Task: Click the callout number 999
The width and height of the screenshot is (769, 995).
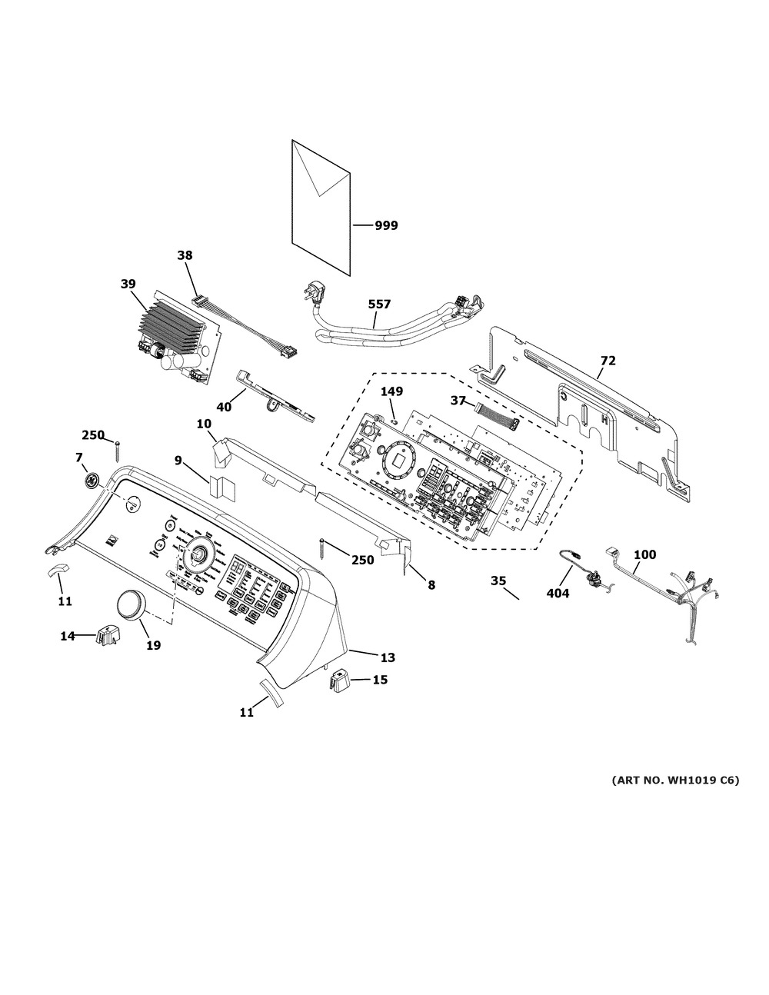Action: coord(386,225)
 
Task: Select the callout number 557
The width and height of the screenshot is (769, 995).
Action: coord(378,304)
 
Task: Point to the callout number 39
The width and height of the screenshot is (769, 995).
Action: coord(128,284)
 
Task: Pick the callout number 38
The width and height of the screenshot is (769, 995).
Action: coord(185,255)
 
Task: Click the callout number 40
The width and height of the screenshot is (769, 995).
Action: coord(224,407)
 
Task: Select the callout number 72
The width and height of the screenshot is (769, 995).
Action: coord(608,361)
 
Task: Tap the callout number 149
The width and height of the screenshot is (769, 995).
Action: coord(391,391)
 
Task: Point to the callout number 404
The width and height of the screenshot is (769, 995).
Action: coord(558,594)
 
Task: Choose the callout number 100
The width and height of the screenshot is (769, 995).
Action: coord(645,554)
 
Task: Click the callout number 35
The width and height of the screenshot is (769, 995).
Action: coord(498,581)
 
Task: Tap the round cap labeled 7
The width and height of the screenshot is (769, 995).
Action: coord(92,481)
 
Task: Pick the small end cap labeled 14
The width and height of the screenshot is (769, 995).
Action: coord(106,636)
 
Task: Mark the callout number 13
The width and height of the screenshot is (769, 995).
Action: coord(388,657)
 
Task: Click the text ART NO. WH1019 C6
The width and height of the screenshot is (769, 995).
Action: coord(675,780)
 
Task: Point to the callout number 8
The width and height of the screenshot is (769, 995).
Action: coord(431,585)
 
